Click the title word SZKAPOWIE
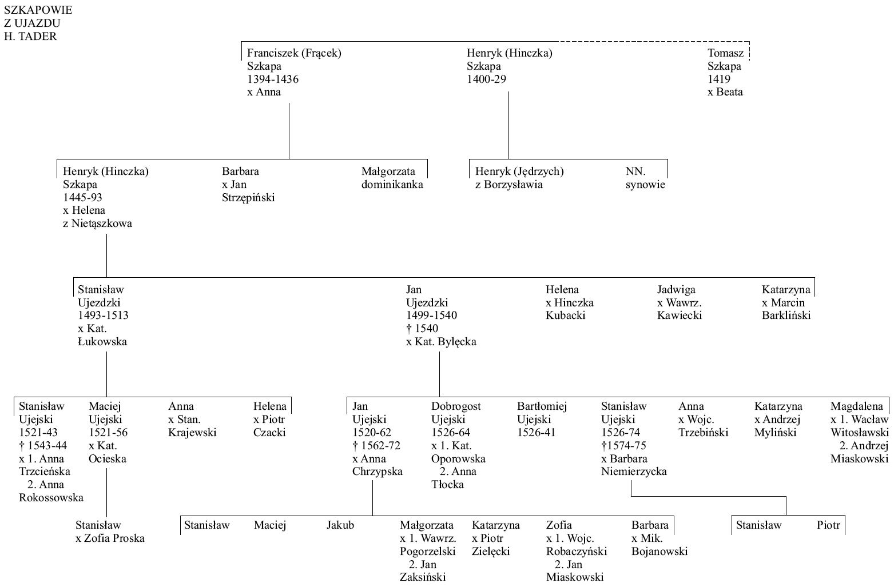point(38,10)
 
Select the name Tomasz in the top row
point(726,53)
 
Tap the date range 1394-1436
point(273,79)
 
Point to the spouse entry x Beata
point(725,91)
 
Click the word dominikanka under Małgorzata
point(392,184)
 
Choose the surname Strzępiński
point(248,198)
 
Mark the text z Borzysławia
point(509,185)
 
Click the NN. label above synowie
point(636,171)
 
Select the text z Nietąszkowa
point(97,223)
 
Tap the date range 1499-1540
point(431,315)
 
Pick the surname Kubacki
point(566,315)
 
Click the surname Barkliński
point(786,315)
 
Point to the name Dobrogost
point(456,406)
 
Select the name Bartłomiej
point(542,406)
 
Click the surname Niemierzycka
point(634,472)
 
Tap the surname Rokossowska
point(51,498)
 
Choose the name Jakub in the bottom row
point(340,525)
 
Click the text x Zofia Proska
point(110,538)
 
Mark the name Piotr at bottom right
point(828,525)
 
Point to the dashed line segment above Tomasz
point(654,42)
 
